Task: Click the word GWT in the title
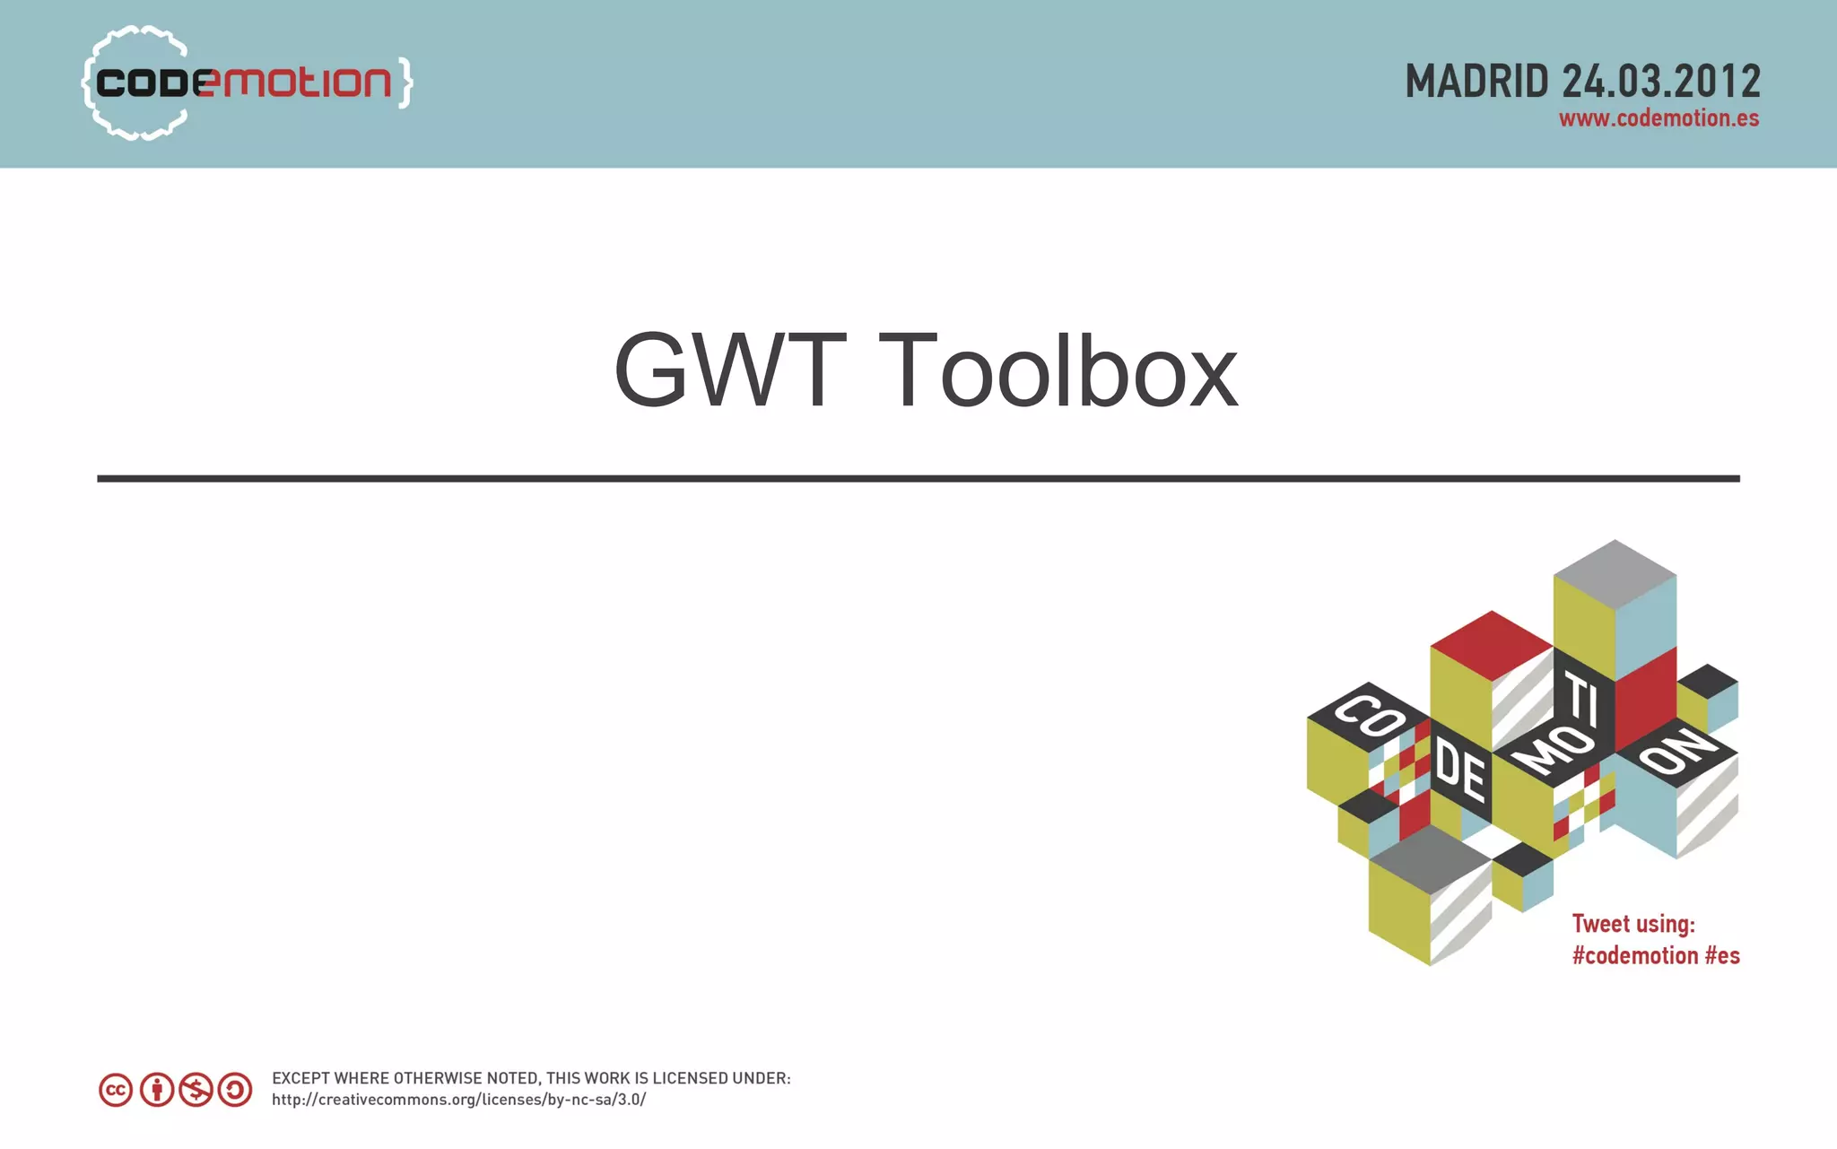coord(728,370)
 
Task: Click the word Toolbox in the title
coord(1058,370)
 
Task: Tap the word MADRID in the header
coord(1476,82)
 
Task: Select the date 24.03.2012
coord(1661,82)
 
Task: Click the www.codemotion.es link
coord(1659,118)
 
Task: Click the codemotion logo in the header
coord(244,83)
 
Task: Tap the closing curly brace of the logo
coord(405,83)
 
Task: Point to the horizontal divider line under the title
coord(918,479)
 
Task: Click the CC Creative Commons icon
coord(116,1090)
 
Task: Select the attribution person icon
coord(157,1090)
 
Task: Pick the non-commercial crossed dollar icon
coord(196,1090)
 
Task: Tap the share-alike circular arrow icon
coord(235,1090)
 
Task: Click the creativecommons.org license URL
coord(458,1100)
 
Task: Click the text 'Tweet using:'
coord(1633,924)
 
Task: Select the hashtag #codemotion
coord(1635,956)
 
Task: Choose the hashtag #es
coord(1722,956)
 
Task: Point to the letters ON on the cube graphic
coord(1677,750)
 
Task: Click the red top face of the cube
coord(1491,643)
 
